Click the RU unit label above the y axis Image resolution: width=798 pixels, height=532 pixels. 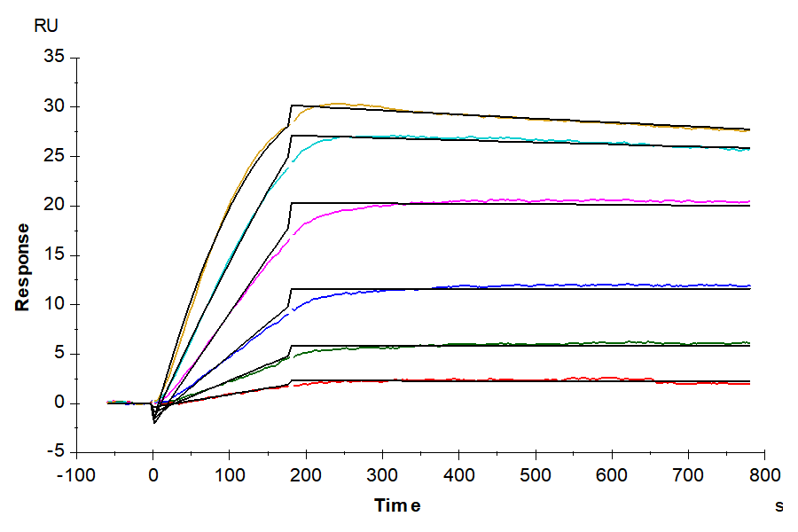(44, 25)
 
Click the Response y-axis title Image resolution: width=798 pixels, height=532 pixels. (22, 266)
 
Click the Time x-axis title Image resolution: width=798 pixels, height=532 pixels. (396, 506)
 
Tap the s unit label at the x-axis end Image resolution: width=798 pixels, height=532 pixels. (779, 507)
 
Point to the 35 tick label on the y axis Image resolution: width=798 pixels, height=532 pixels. (55, 58)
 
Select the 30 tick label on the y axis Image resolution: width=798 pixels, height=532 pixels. (55, 107)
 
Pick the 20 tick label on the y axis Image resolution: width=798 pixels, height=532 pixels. (55, 206)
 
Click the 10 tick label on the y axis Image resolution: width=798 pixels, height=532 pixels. (55, 305)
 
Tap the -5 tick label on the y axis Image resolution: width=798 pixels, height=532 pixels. (57, 453)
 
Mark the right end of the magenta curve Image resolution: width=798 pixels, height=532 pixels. (749, 201)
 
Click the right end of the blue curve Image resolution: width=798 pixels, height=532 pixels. (749, 286)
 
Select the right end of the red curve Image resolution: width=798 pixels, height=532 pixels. (749, 384)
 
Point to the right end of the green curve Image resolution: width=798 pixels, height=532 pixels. (749, 342)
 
